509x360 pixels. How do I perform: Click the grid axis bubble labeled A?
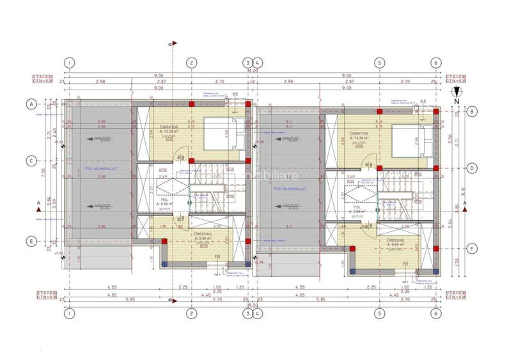29,103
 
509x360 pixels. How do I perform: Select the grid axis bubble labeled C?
29,161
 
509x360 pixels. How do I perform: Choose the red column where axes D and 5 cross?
380,169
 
